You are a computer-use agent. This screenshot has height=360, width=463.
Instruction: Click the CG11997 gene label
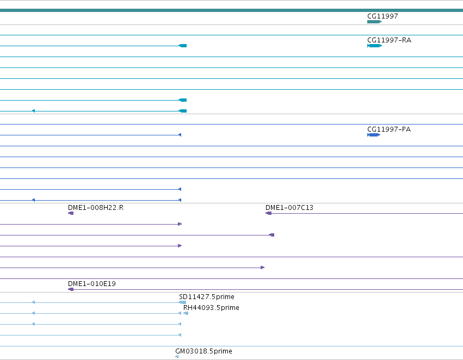(x=382, y=16)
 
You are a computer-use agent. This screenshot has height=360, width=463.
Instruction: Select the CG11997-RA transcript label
(x=389, y=40)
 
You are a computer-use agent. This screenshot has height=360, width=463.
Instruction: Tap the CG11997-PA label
(x=389, y=129)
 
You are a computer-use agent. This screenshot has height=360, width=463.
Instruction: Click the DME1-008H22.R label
(x=96, y=207)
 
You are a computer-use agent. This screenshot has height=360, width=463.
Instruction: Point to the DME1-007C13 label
(x=289, y=207)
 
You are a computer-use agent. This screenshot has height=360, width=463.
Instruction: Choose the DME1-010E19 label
(x=92, y=283)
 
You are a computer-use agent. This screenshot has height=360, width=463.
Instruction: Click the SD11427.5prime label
(x=207, y=296)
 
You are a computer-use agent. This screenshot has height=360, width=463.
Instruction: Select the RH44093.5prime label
(x=211, y=307)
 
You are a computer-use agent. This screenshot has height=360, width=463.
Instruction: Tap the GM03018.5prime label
(x=203, y=351)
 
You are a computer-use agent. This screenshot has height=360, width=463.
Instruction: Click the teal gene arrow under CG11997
(x=375, y=22)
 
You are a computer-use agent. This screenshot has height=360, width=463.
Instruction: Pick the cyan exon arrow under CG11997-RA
(x=375, y=46)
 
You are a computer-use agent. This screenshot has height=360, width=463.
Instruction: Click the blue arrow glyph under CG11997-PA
(x=374, y=135)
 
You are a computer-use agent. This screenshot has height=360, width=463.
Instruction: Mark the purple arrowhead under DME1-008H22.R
(x=71, y=213)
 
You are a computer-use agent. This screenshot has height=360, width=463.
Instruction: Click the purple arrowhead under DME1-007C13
(x=268, y=213)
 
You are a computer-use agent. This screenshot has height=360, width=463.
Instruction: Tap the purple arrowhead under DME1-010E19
(x=71, y=289)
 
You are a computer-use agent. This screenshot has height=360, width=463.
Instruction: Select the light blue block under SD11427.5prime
(x=182, y=302)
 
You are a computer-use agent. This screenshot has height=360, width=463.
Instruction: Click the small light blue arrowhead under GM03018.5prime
(x=177, y=357)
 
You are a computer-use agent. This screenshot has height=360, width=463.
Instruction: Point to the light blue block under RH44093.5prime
(x=186, y=313)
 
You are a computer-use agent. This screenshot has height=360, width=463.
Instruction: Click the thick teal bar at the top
(x=232, y=10)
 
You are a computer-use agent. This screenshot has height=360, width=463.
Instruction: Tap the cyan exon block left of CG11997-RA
(x=183, y=46)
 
